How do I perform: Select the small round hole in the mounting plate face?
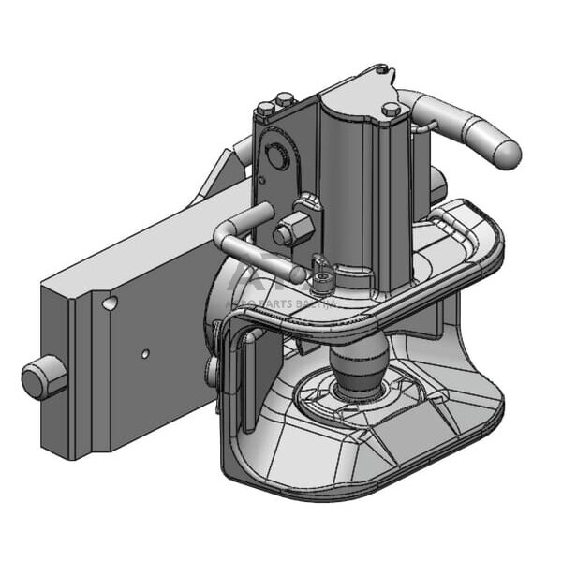(x=144, y=354)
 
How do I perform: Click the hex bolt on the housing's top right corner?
(x=392, y=109)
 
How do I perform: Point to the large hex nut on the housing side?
(x=292, y=228)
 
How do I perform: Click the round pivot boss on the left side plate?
(x=277, y=156)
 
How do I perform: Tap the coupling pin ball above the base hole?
(x=360, y=368)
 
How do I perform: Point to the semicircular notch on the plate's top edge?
(x=111, y=303)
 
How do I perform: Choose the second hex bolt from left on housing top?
(x=285, y=99)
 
